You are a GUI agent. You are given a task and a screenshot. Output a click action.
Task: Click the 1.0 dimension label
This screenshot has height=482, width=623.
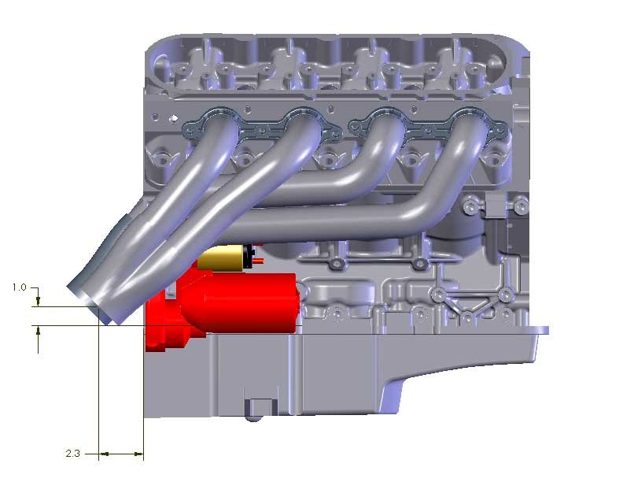19,287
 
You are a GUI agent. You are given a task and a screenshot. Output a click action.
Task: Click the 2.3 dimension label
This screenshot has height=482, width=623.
72,454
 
